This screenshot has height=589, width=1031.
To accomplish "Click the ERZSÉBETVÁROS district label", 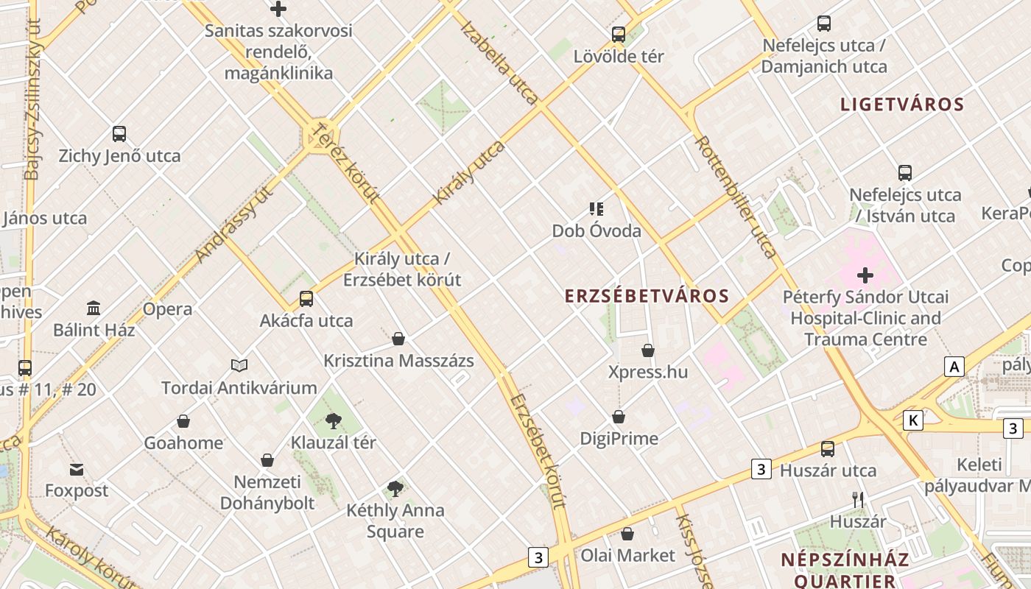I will (x=647, y=296).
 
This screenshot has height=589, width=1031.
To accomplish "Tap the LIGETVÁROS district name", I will (x=902, y=104).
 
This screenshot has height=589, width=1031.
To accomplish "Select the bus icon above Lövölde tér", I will (x=619, y=34).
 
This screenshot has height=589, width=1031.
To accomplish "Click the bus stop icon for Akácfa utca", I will (x=306, y=299).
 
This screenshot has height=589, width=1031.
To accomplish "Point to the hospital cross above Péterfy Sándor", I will (x=865, y=276).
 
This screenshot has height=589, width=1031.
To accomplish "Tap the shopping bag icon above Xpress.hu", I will (x=648, y=350).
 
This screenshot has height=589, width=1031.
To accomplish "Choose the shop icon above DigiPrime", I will (x=619, y=417).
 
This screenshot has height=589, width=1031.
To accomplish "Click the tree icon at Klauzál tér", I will (x=334, y=421).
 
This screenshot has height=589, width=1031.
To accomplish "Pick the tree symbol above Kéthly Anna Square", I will (x=395, y=488).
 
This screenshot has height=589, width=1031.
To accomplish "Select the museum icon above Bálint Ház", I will (x=94, y=308).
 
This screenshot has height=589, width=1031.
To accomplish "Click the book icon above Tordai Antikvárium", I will (x=239, y=365).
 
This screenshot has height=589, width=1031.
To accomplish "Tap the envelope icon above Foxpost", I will (x=77, y=469).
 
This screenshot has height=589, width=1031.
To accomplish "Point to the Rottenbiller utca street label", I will (x=736, y=197).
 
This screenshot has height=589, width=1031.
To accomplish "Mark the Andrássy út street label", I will (x=235, y=224).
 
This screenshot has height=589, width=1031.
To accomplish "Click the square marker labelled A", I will (x=954, y=367).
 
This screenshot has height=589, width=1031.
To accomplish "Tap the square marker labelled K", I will (x=913, y=420).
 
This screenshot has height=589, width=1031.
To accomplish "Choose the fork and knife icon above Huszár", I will (x=858, y=499).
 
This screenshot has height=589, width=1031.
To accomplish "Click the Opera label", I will (x=168, y=308).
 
